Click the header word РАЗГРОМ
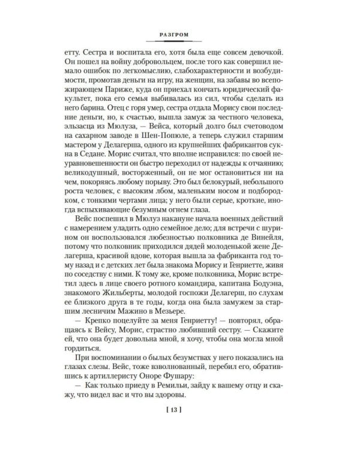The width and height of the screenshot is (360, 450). (x=179, y=34)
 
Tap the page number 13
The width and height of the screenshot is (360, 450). (x=180, y=427)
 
